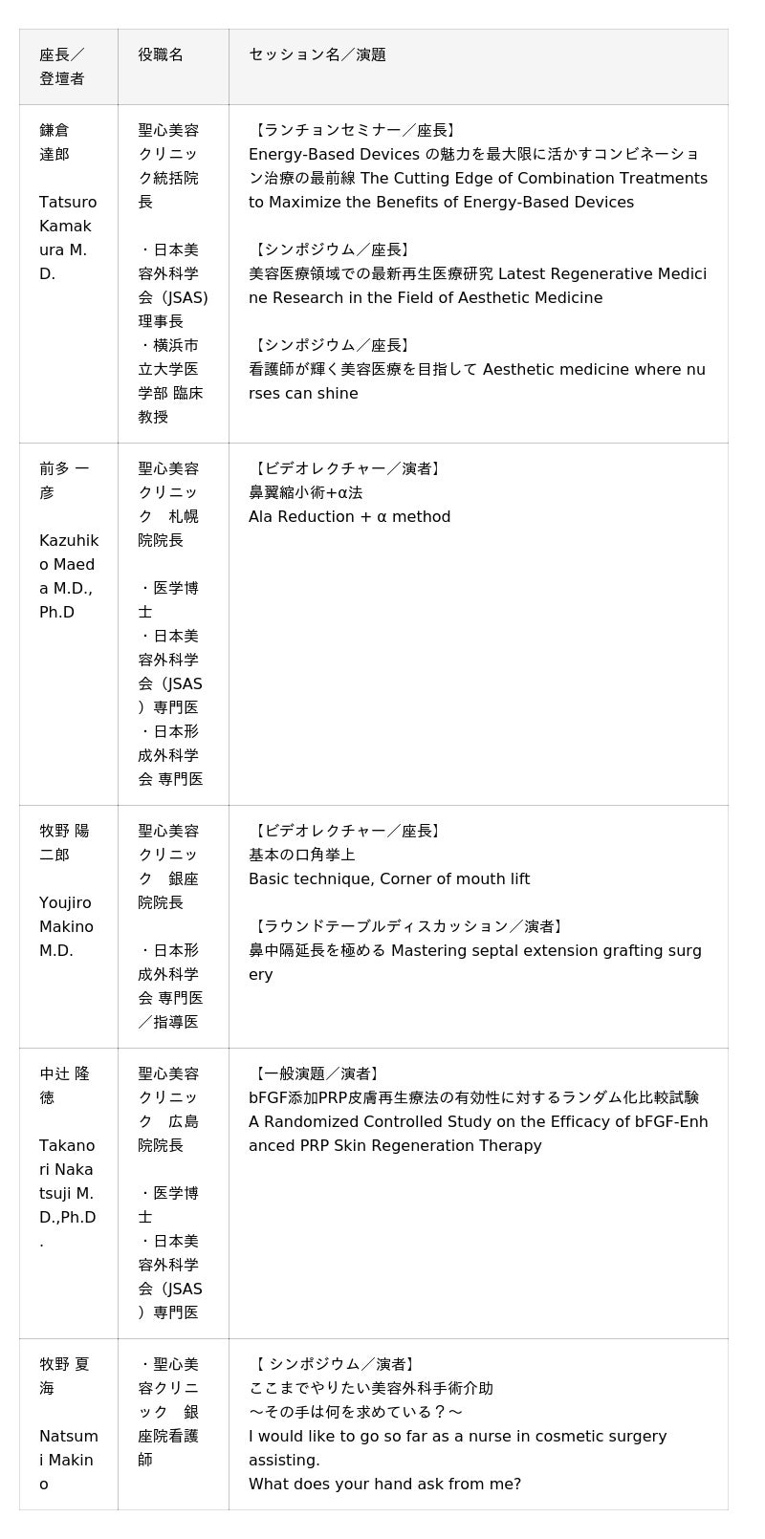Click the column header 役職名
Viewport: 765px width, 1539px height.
161,54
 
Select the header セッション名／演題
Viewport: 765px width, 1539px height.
317,54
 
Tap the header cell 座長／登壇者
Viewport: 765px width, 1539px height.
62,66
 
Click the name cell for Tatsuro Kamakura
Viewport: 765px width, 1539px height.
68,202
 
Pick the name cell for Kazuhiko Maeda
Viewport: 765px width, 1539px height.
68,540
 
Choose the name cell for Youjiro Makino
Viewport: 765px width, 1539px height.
66,890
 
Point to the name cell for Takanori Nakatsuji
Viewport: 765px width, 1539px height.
68,1157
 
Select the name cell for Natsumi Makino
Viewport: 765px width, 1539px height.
68,1423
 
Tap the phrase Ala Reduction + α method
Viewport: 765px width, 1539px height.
349,517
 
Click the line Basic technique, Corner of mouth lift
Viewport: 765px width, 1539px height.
389,879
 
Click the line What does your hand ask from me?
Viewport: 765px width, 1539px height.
384,1485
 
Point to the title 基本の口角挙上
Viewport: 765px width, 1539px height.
302,855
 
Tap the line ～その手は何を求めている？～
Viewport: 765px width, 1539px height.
356,1412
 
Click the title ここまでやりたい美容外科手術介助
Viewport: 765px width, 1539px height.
371,1388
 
